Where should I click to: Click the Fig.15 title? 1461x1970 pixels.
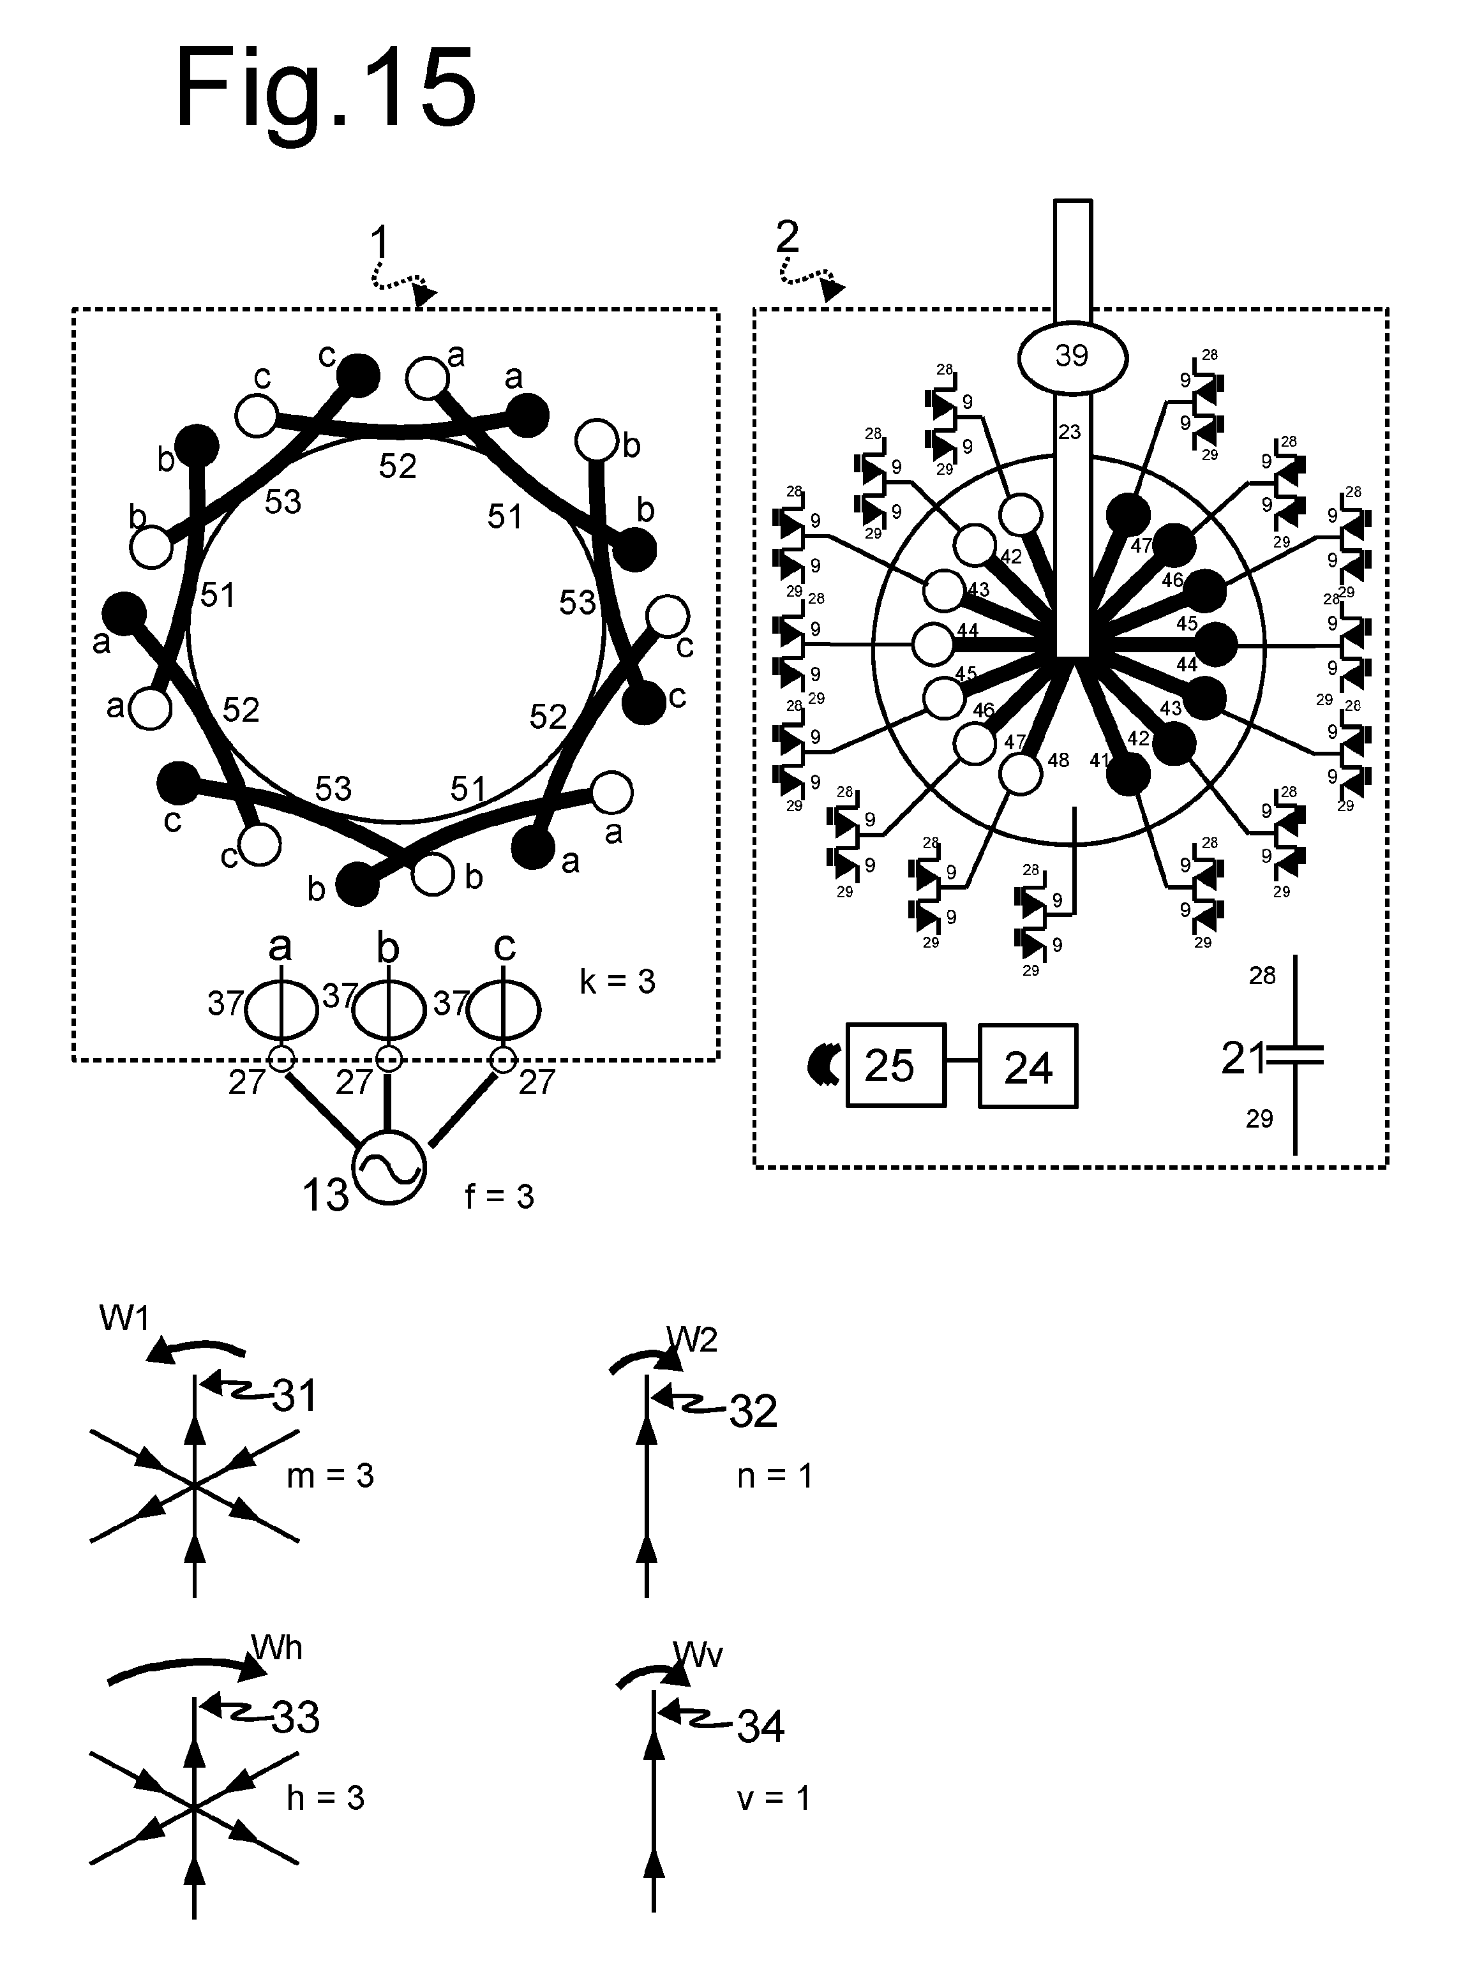click(326, 90)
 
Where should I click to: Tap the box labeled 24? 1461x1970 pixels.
click(1028, 1066)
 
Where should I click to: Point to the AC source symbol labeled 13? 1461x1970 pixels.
click(389, 1168)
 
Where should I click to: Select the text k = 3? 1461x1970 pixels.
click(617, 981)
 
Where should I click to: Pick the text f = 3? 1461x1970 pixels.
click(500, 1197)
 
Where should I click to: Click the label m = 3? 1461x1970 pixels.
click(330, 1475)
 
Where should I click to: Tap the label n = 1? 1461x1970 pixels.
click(775, 1475)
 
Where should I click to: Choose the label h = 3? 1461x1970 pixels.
click(326, 1798)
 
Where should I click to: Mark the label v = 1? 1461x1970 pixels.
click(774, 1798)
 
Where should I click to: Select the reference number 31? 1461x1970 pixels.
click(294, 1396)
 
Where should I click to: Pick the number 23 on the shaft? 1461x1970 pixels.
click(1069, 433)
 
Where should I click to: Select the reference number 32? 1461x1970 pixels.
click(754, 1411)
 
